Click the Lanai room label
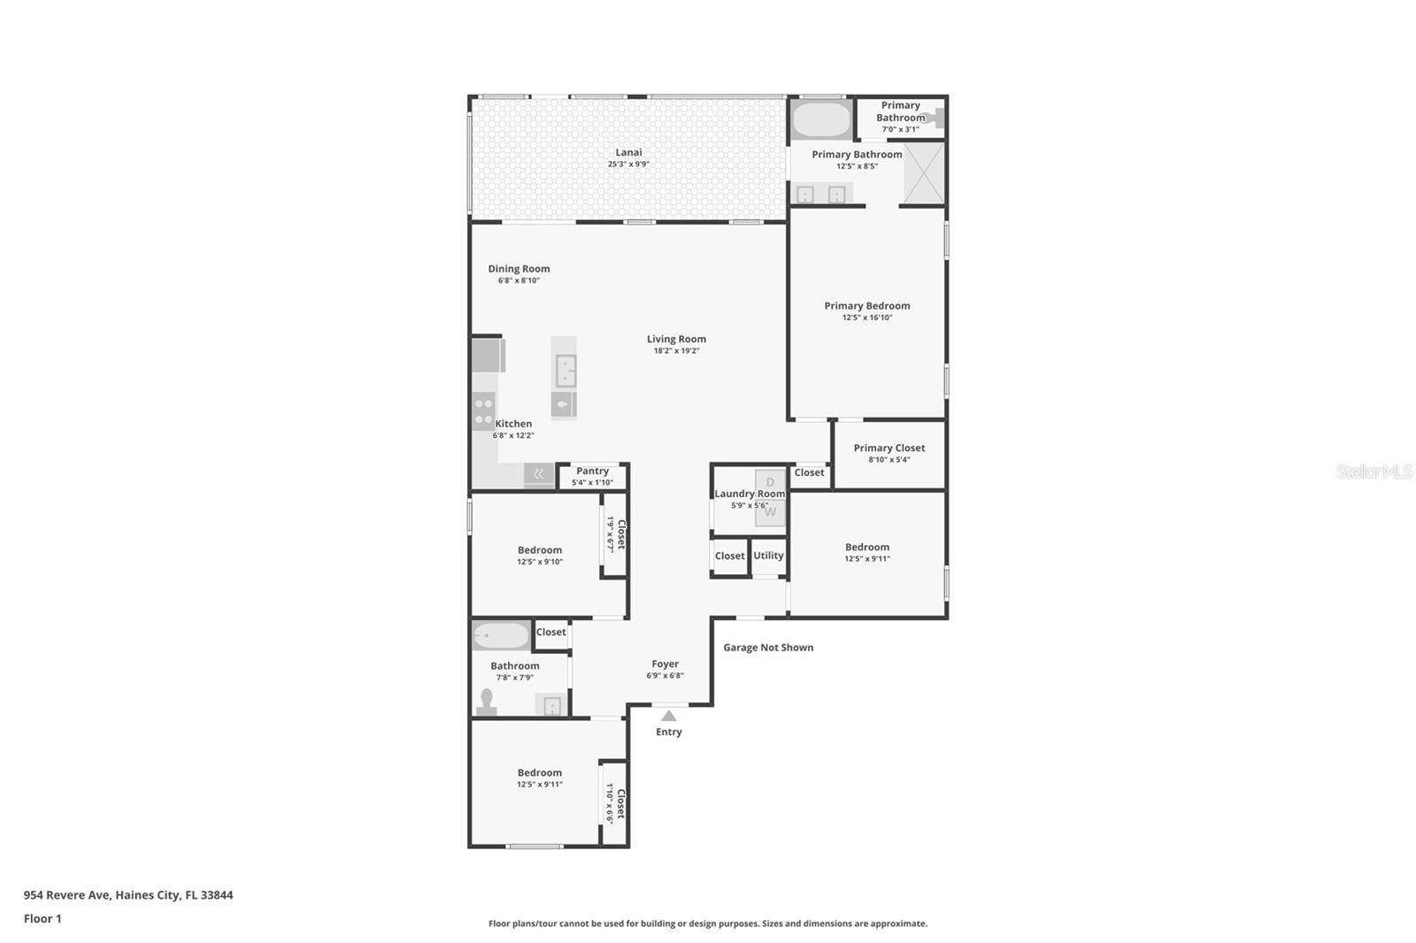628,152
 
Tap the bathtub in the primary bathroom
820,119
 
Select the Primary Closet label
889,448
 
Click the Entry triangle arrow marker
669,716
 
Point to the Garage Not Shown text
767,648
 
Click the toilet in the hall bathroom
486,701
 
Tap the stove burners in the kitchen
483,410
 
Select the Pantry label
592,471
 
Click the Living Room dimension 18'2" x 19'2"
676,351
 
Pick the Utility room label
768,556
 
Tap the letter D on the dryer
770,482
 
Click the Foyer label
665,663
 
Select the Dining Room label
519,269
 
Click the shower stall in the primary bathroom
923,172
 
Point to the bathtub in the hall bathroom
500,635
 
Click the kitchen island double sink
566,371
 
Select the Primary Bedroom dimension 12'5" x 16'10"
866,318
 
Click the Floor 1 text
42,919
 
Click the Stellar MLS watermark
1374,471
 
